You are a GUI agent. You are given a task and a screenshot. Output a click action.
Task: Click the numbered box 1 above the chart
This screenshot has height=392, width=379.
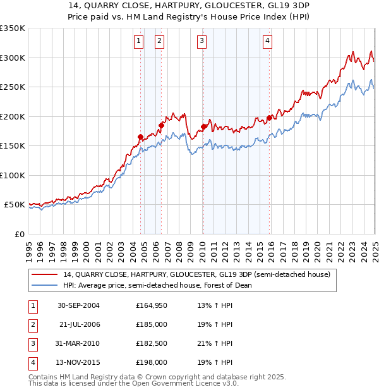[138, 41]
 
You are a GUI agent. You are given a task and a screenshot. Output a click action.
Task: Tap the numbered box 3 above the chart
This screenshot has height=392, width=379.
[202, 41]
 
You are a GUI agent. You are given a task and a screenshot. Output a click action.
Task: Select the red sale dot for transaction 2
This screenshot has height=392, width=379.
[161, 125]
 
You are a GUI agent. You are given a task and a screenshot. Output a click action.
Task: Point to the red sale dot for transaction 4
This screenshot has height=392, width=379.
[269, 118]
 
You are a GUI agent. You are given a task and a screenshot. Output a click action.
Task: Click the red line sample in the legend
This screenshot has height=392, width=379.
[44, 275]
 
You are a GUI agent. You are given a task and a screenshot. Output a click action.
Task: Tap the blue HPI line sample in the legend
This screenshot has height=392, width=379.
[44, 285]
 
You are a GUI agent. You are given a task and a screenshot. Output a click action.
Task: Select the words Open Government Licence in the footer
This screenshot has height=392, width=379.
[179, 383]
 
